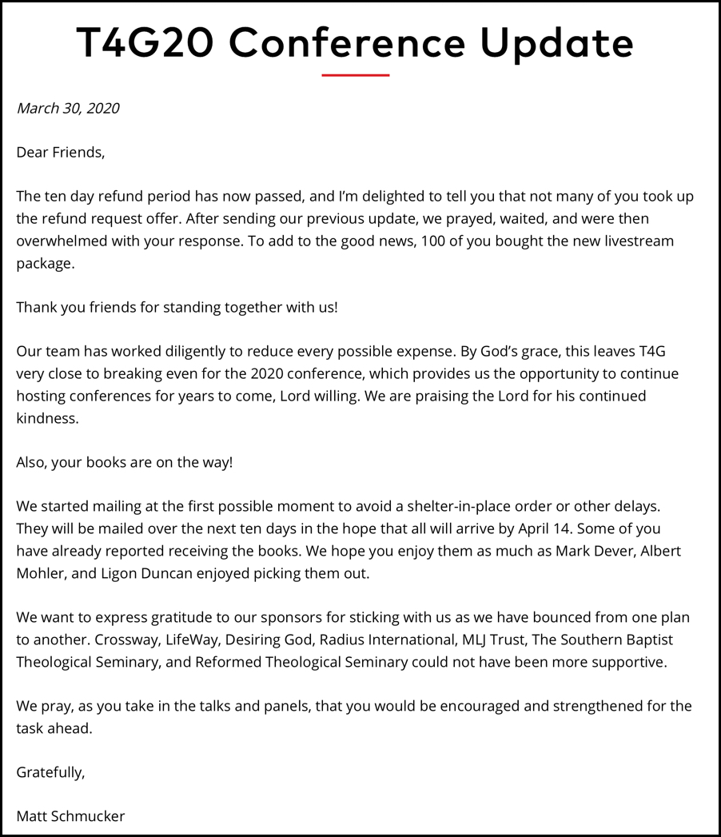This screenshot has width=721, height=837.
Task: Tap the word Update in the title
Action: click(556, 44)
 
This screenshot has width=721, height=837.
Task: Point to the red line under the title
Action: click(355, 75)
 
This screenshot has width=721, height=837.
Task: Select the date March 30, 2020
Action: click(68, 109)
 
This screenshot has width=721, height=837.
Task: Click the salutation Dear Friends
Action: click(61, 152)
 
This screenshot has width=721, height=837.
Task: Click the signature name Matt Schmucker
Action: click(70, 816)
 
